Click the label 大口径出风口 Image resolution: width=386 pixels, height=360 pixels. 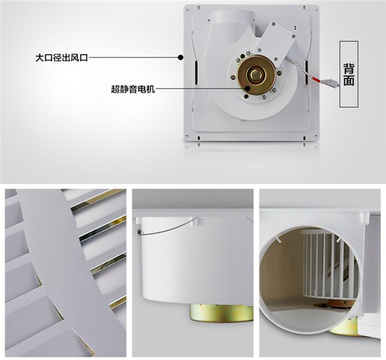click(62, 58)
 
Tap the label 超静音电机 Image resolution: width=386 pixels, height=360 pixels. click(133, 89)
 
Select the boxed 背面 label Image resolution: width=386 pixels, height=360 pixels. click(349, 74)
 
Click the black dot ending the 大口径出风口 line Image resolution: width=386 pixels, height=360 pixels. click(180, 58)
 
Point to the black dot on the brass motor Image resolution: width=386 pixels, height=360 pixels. click(248, 89)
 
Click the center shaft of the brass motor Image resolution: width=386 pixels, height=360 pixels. click(257, 73)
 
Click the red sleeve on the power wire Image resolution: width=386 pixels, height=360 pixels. click(317, 79)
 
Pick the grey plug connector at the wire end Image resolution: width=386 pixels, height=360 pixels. click(331, 82)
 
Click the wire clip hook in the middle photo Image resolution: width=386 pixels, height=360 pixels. click(140, 231)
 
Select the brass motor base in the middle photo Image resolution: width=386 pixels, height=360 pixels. click(221, 313)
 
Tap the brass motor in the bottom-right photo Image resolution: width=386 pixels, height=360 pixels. click(344, 327)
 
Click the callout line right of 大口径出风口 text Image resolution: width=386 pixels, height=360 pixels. click(133, 58)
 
